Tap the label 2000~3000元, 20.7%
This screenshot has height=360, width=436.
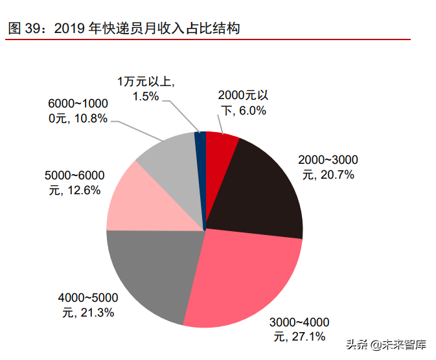coord(327,167)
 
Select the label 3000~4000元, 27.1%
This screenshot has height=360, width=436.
coord(299,329)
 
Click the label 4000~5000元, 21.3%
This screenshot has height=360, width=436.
coord(88,305)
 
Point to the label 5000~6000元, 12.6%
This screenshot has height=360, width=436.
coord(75,183)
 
